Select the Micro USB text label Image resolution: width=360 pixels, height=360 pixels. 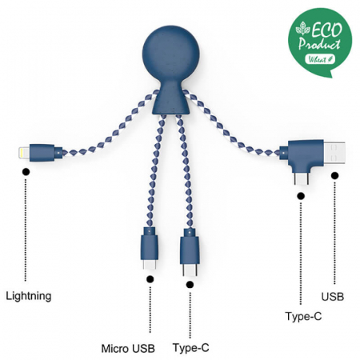[127, 349]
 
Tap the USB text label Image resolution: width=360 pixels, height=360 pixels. [333, 297]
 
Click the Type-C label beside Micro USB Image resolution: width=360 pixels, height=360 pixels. [191, 349]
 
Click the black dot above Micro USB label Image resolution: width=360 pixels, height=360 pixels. [150, 278]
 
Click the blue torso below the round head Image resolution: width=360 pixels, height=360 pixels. [168, 101]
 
